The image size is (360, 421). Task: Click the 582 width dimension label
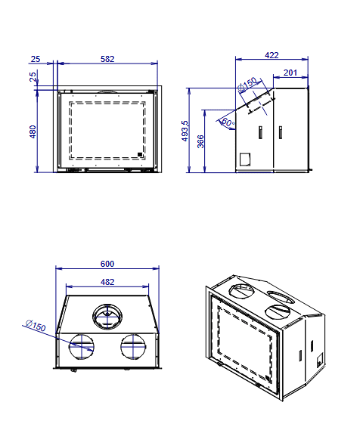[x=107, y=59]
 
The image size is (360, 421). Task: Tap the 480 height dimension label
[x=33, y=132]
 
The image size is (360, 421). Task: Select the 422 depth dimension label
[x=272, y=55]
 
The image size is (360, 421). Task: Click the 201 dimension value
[x=290, y=73]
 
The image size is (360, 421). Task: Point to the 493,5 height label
[x=185, y=131]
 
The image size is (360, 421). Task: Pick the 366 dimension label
[x=200, y=141]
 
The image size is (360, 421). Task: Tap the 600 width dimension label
[x=107, y=264]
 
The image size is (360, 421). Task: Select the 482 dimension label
[x=107, y=282]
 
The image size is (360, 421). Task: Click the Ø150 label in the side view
[x=247, y=84]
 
